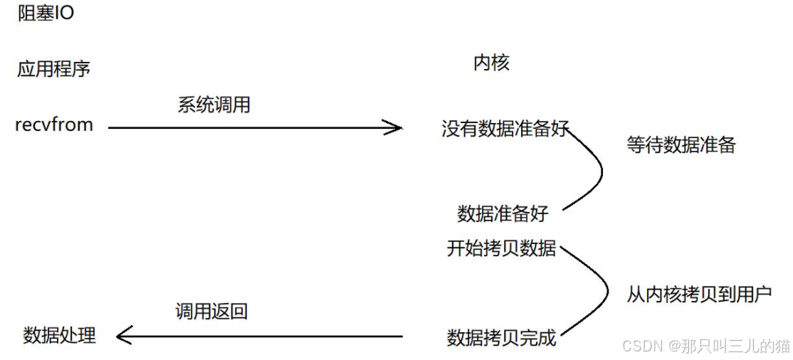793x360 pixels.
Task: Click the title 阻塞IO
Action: pos(46,14)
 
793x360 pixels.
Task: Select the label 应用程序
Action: pos(53,69)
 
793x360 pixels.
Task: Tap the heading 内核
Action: pos(491,63)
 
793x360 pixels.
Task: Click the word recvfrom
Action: pos(54,125)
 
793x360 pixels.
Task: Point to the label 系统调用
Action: pos(214,105)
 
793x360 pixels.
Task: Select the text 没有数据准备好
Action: pos(505,129)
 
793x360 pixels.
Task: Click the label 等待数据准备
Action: pos(681,145)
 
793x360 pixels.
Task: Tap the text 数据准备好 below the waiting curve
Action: pos(503,213)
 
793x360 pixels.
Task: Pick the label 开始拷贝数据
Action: pos(502,248)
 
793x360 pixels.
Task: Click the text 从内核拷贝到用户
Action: pos(699,294)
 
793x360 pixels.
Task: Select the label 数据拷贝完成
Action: pos(501,337)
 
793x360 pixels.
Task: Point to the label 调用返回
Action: pos(211,311)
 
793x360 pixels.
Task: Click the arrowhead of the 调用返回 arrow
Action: pos(122,336)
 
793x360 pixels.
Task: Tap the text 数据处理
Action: pos(59,335)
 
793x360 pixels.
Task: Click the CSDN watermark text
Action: pos(705,346)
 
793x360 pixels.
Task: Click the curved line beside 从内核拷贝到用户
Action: pos(606,292)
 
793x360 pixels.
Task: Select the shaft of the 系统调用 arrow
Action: pos(249,128)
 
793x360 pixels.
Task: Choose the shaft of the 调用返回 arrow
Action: pos(263,336)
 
